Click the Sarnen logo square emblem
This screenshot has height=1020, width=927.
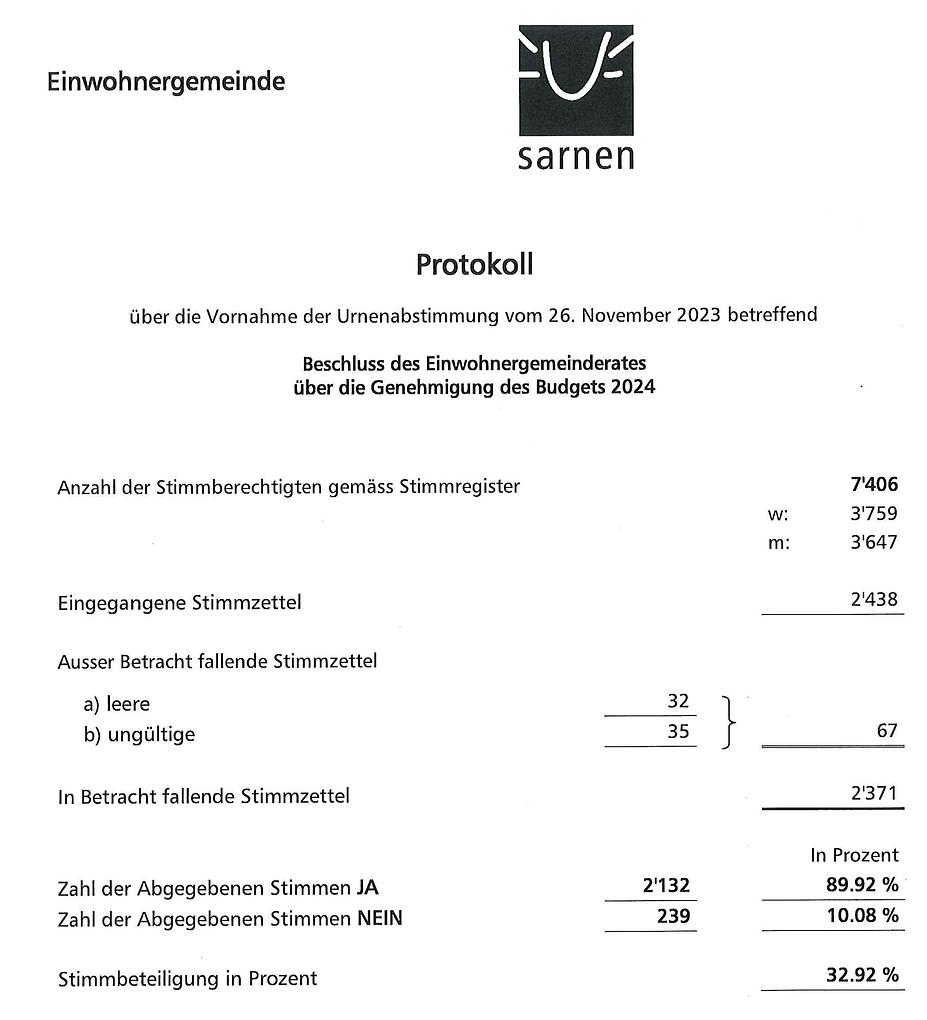coord(575,80)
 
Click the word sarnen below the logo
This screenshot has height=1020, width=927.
coord(575,157)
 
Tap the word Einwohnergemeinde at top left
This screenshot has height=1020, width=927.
coord(166,82)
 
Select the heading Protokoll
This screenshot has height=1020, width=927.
coord(474,265)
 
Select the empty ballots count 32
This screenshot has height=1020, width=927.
coord(677,702)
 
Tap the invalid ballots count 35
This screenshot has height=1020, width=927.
coord(677,732)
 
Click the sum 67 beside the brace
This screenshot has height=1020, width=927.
coord(886,732)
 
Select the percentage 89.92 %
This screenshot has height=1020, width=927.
coord(861,885)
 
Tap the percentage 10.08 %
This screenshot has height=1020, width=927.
coord(861,915)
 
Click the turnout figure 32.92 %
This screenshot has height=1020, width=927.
coord(861,975)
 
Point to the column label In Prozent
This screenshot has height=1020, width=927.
coord(854,855)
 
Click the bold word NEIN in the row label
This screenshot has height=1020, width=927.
coord(379,917)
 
